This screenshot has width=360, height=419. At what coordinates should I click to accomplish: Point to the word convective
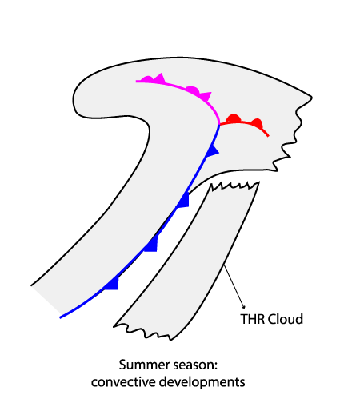(x=123, y=382)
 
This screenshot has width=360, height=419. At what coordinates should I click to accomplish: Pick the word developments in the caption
(x=202, y=383)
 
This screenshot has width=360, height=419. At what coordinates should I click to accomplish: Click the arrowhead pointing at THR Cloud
(x=243, y=306)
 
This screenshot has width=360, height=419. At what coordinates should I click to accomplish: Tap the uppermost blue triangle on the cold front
(x=213, y=150)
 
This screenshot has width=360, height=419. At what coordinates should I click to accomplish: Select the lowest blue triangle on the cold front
(x=112, y=284)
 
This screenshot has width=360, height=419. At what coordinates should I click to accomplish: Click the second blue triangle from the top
(x=183, y=201)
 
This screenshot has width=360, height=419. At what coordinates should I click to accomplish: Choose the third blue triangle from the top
(x=151, y=245)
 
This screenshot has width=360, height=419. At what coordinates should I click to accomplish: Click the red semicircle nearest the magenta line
(x=234, y=118)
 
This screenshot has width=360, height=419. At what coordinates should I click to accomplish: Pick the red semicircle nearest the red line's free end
(x=258, y=123)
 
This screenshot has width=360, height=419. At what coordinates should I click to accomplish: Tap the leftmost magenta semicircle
(x=148, y=79)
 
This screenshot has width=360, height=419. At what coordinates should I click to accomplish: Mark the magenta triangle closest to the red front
(x=206, y=96)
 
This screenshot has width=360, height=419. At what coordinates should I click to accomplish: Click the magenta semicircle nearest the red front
(x=193, y=90)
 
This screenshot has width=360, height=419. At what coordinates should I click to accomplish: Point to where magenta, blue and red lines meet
(x=219, y=125)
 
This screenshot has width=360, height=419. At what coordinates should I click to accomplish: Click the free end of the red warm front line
(x=268, y=136)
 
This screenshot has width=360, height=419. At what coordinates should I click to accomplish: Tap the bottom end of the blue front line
(x=61, y=317)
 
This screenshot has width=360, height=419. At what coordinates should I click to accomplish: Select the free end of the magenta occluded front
(x=137, y=81)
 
